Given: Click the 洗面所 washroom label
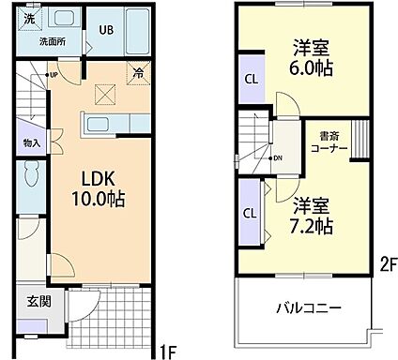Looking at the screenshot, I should pyautogui.click(x=51, y=43).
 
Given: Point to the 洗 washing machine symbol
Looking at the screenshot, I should pyautogui.click(x=30, y=18).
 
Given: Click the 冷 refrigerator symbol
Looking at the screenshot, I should pyautogui.click(x=139, y=69).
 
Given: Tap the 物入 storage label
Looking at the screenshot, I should pyautogui.click(x=30, y=142).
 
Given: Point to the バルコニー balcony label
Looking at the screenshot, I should pyautogui.click(x=309, y=307).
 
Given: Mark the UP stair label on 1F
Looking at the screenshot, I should pyautogui.click(x=53, y=75).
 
